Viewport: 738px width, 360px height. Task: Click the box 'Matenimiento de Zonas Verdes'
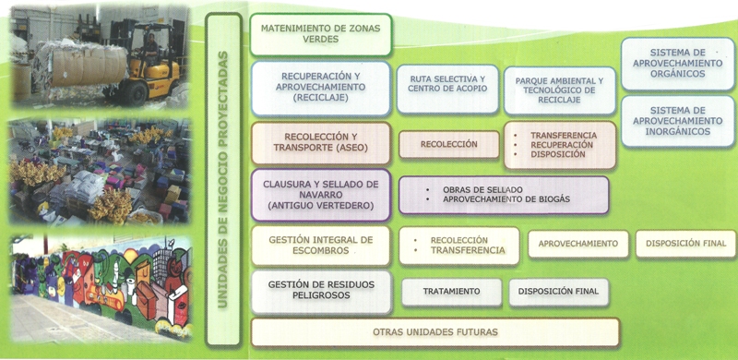tap(320, 34)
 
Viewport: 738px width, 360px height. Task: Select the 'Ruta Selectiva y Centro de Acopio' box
tap(447, 89)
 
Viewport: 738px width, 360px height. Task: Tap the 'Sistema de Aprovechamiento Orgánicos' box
tap(678, 64)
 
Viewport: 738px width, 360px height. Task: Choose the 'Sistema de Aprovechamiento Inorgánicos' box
tap(678, 121)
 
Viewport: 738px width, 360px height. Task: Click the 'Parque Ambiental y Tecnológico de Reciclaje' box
tap(560, 90)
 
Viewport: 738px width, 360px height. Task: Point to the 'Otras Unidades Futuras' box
tap(434, 332)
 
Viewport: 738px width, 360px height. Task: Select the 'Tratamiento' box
tap(451, 292)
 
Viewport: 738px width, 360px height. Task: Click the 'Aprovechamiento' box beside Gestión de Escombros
tap(578, 244)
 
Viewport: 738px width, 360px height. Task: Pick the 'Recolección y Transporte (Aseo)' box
tap(320, 142)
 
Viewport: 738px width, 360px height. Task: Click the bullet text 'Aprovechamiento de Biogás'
tap(506, 199)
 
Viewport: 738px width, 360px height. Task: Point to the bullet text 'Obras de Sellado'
tap(482, 189)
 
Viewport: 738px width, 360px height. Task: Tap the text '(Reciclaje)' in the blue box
tap(320, 97)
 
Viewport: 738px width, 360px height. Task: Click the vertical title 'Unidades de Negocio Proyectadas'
tap(223, 179)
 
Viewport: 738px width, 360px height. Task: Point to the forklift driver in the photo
tap(150, 48)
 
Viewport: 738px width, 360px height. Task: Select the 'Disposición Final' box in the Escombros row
tap(685, 244)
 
